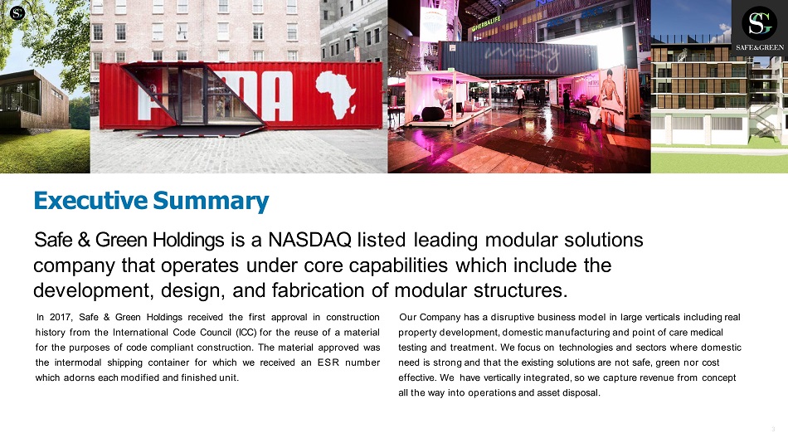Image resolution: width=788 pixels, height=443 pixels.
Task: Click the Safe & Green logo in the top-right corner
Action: pos(759,28)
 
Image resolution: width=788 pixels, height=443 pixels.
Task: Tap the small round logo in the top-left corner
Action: pos(17,13)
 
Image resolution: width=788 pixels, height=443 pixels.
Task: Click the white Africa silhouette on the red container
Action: pos(336,93)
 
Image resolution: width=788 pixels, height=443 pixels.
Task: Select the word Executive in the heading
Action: pos(90,200)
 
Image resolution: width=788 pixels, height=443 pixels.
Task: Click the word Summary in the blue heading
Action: pos(211,201)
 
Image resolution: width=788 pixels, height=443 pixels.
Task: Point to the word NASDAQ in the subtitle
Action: pos(309,240)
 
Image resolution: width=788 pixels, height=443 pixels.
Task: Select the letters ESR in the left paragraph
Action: pos(328,363)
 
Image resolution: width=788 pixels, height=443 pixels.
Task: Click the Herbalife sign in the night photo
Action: pos(485,22)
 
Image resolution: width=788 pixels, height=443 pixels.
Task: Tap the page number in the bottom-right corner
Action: pos(773,429)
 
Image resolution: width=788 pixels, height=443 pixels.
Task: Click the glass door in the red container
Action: pos(192,95)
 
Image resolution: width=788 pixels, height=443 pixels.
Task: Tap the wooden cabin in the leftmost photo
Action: pos(34,100)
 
